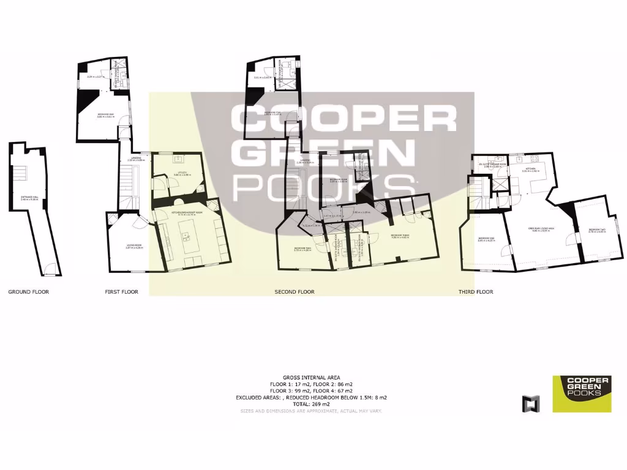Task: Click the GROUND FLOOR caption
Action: (28, 292)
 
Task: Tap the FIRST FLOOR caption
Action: (121, 292)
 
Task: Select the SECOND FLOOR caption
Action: (294, 292)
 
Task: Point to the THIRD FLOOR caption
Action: (476, 292)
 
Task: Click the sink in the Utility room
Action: (178, 160)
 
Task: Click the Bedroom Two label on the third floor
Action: (596, 230)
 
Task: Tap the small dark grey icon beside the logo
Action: (531, 403)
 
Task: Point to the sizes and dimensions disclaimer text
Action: (311, 411)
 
